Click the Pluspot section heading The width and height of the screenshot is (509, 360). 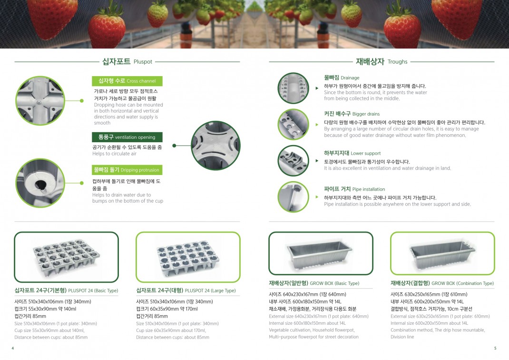click(x=127, y=61)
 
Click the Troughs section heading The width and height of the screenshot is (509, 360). click(x=382, y=61)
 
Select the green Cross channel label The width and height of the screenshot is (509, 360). click(x=127, y=81)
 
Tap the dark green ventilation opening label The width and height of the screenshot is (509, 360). click(x=127, y=137)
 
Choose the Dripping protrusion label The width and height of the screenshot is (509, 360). click(x=127, y=170)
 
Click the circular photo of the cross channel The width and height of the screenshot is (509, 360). click(x=40, y=101)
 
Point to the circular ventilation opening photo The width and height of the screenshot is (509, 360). click(x=215, y=146)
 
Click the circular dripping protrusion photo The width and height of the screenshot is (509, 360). click(x=40, y=183)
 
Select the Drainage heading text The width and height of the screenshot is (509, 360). click(x=342, y=78)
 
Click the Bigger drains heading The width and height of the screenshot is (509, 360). click(x=352, y=114)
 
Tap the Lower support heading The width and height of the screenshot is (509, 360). click(x=352, y=153)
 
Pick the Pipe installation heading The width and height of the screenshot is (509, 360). click(x=354, y=189)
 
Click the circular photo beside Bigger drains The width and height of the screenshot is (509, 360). click(x=294, y=124)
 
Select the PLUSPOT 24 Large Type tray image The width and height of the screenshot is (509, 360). click(x=188, y=257)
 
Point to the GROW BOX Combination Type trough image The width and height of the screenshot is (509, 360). click(x=442, y=253)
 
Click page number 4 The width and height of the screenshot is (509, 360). click(x=13, y=348)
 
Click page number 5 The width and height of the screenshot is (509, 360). click(x=495, y=348)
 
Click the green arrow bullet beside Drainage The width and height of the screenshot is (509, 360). click(x=317, y=88)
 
